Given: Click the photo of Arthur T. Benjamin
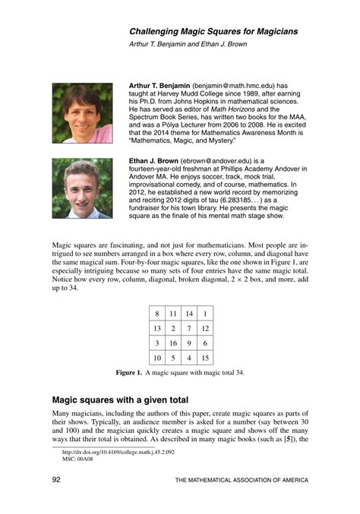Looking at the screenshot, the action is (x=82, y=113).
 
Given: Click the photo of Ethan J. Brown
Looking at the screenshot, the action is (x=82, y=188).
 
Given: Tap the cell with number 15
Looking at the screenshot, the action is (x=205, y=358).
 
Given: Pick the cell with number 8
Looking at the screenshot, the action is (x=156, y=312).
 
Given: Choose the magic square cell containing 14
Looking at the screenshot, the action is (x=189, y=312).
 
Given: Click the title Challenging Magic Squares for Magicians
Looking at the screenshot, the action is (x=213, y=31).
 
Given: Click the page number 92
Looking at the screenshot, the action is (x=56, y=480).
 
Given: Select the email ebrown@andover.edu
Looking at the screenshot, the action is (x=222, y=161).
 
